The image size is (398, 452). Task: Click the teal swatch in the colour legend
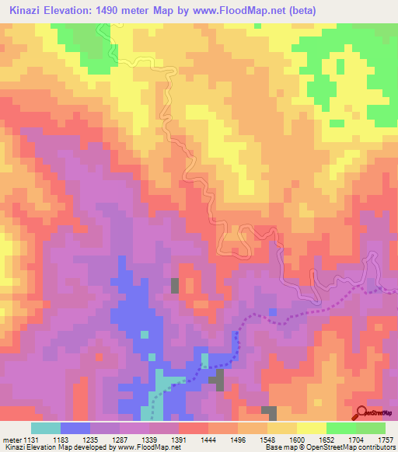click(46, 428)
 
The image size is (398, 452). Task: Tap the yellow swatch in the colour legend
click(312, 428)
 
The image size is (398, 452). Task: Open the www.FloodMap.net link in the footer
click(147, 447)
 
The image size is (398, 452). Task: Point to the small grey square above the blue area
click(175, 285)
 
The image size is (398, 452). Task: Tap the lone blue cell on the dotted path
click(272, 311)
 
